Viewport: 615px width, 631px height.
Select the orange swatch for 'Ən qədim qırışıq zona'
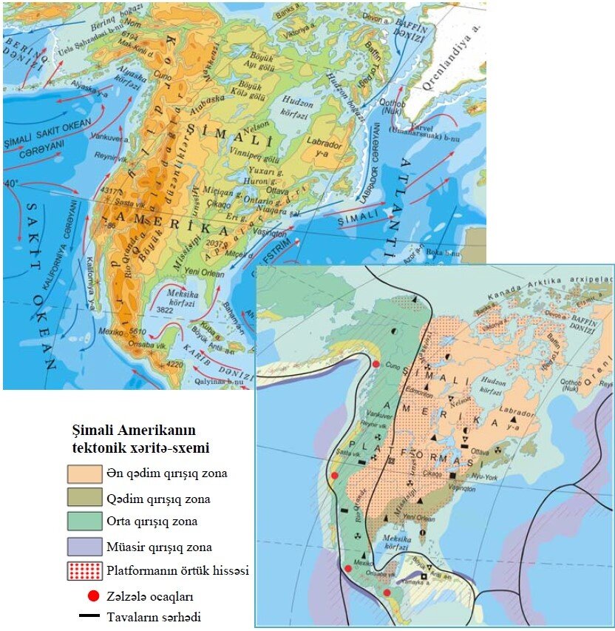click(84, 473)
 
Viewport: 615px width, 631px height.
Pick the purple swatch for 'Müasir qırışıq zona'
click(84, 547)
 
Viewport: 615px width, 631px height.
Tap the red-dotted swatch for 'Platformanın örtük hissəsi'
click(84, 571)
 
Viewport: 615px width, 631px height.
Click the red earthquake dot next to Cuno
click(376, 365)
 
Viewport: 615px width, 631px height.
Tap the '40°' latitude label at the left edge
click(13, 183)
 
